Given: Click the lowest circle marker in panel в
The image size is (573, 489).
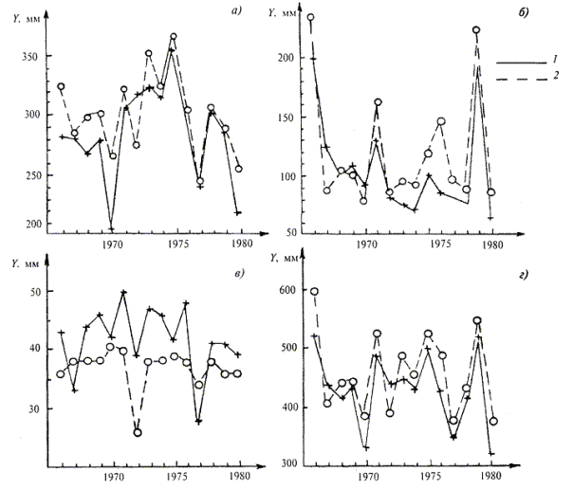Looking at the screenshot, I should pyautogui.click(x=138, y=432).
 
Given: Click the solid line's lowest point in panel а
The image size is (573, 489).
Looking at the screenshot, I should pyautogui.click(x=112, y=228).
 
